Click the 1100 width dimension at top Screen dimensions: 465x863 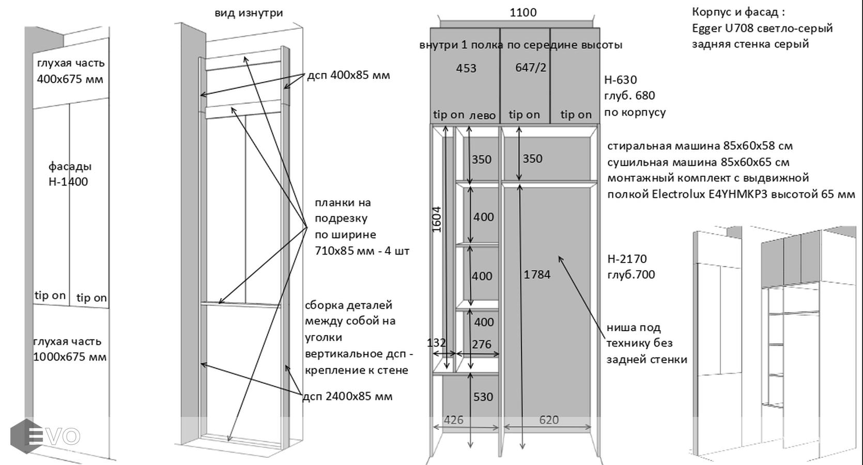523,12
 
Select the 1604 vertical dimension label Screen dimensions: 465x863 437,219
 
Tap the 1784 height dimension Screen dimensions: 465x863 537,274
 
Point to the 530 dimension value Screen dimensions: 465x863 483,397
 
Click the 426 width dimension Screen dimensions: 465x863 453,420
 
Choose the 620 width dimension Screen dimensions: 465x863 548,420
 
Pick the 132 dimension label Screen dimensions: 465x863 436,343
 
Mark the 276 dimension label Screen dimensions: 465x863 482,344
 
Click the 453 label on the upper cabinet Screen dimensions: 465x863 466,68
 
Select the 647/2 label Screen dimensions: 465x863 531,68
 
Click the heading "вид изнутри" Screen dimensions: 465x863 249,13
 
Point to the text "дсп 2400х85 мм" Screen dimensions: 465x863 348,396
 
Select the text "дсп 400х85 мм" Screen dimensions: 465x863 348,75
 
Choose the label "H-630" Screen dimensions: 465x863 620,80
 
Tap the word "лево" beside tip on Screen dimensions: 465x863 482,115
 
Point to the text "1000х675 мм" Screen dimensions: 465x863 70,357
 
